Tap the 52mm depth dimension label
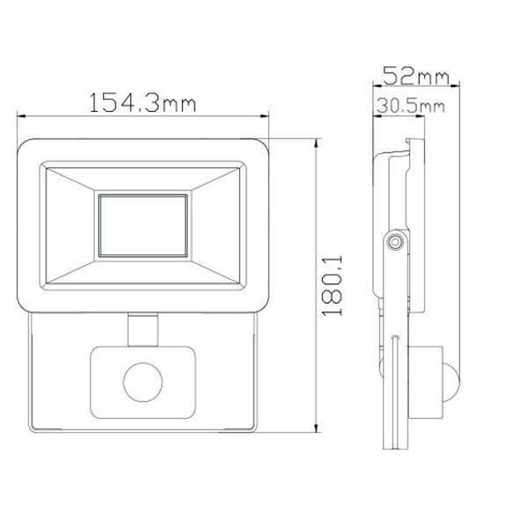pos(412,77)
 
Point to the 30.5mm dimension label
pos(409,106)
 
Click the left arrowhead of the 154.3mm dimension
pos(23,114)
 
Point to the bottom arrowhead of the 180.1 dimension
pos(317,430)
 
